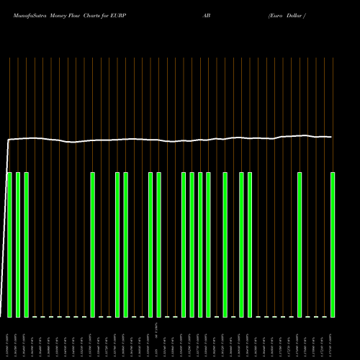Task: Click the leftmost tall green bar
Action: (x=10, y=245)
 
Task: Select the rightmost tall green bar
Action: (x=333, y=245)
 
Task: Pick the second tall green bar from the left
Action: (x=18, y=245)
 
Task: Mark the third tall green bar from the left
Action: (x=27, y=245)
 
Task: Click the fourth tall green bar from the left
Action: (x=93, y=245)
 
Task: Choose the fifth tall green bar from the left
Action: (x=117, y=245)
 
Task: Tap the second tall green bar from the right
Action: (x=300, y=245)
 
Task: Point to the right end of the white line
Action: (x=331, y=137)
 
